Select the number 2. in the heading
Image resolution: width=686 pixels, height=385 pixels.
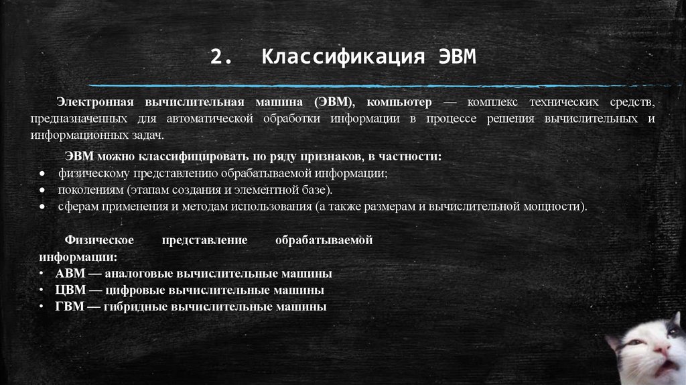[220, 57]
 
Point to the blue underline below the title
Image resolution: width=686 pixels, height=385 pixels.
[375, 86]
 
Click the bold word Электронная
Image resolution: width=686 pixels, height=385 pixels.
[93, 102]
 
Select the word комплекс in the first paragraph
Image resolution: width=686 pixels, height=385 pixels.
[483, 102]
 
